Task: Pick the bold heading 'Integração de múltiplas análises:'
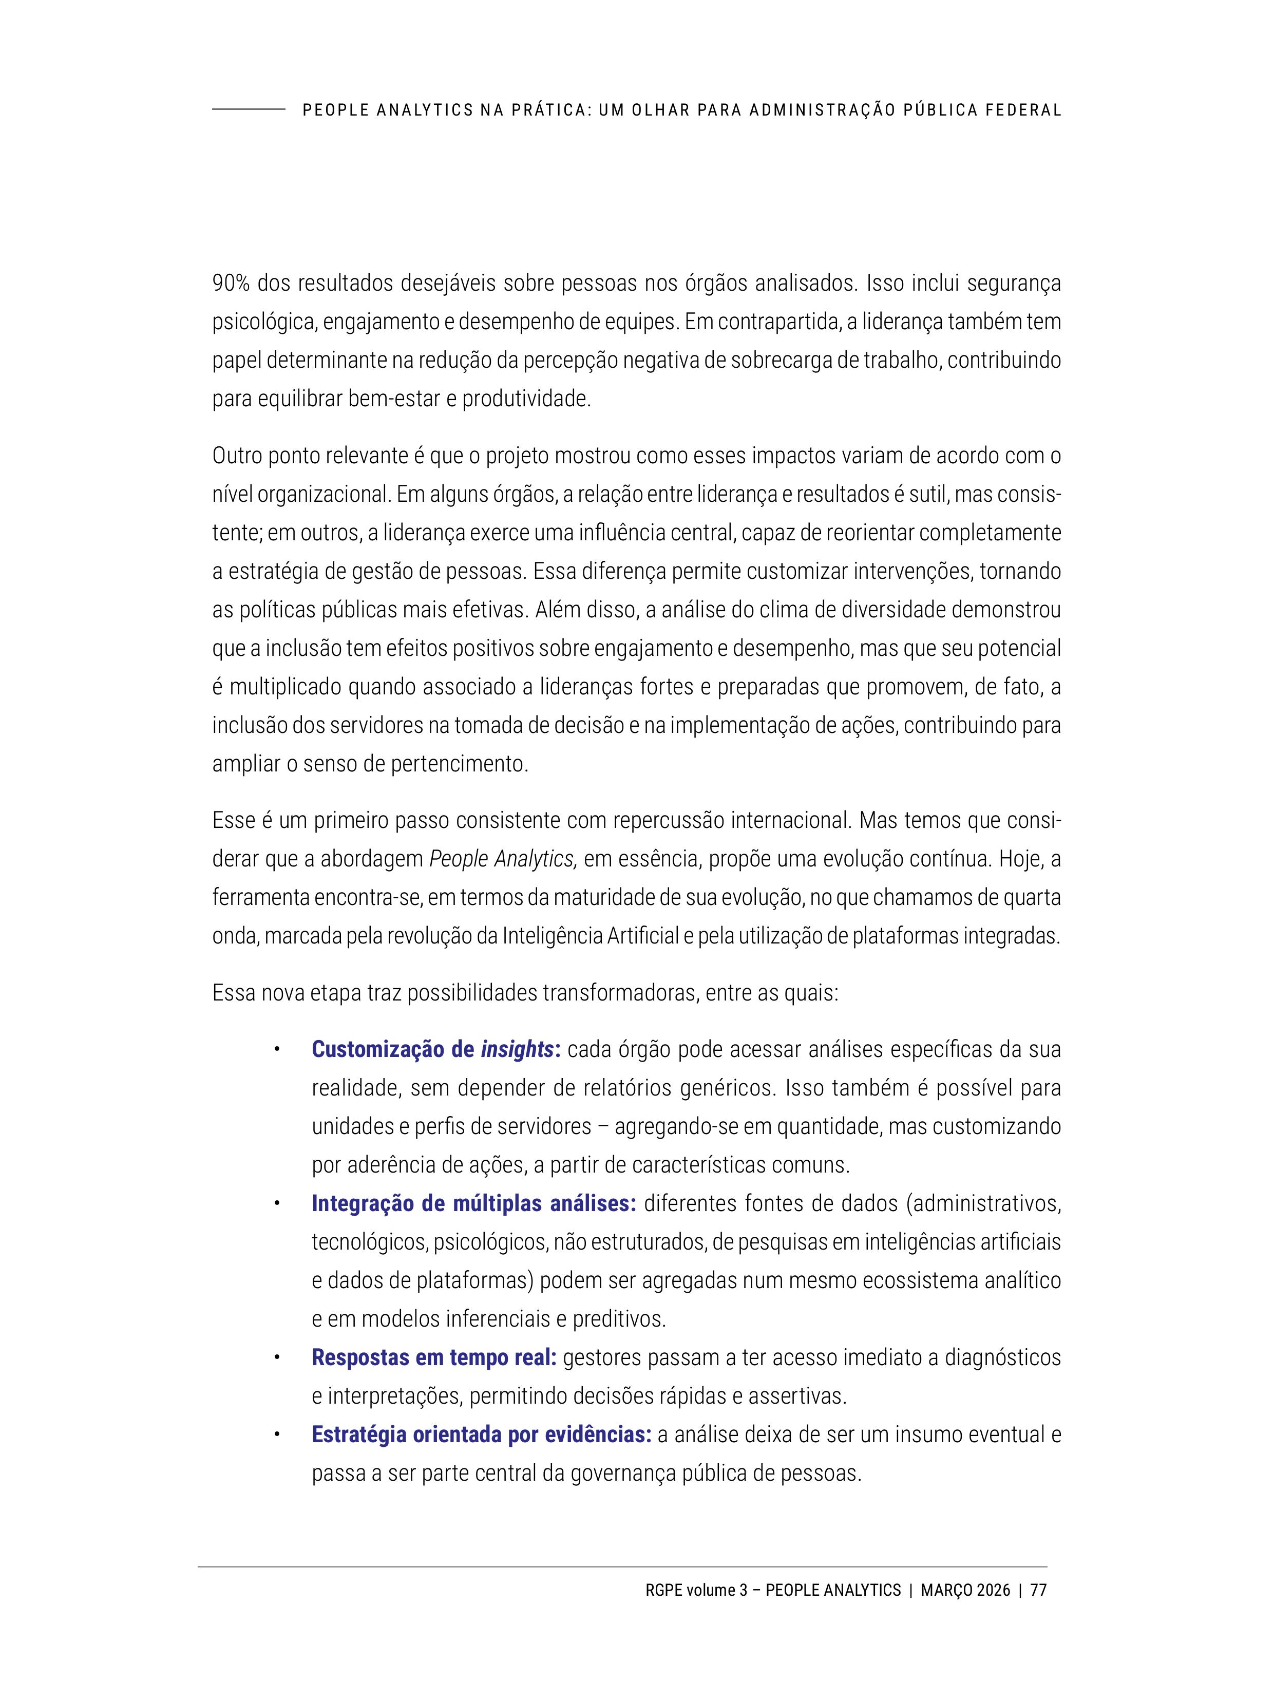click(x=473, y=1203)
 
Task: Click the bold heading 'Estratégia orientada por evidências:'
click(x=482, y=1434)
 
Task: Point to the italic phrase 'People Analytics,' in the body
click(x=503, y=859)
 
